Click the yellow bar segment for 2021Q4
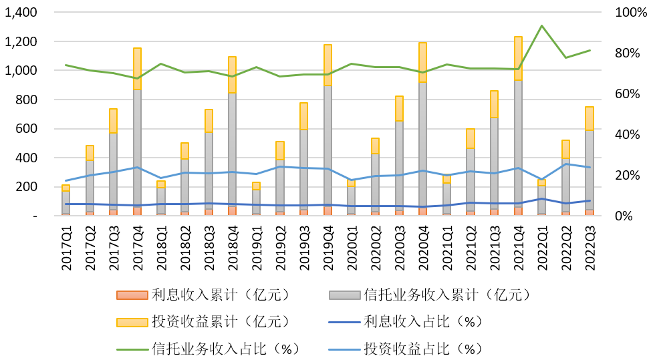518,58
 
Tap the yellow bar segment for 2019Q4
328,65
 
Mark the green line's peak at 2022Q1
541,26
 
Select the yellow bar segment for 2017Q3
114,120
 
